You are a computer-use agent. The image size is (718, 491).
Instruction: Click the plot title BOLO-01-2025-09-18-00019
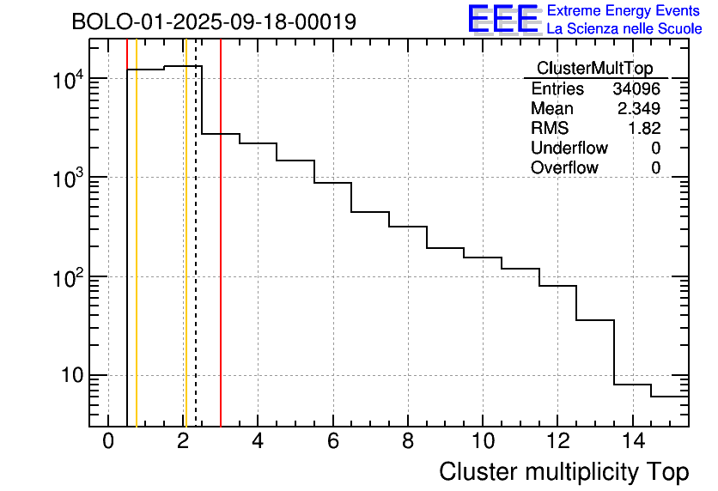click(214, 22)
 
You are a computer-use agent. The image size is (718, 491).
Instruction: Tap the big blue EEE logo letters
click(502, 20)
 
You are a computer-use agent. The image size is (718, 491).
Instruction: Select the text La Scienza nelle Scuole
click(624, 29)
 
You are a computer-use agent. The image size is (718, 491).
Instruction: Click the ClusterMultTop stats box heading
click(594, 69)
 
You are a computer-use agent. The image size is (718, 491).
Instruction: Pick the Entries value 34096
click(636, 89)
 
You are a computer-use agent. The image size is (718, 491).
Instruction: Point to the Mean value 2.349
click(638, 109)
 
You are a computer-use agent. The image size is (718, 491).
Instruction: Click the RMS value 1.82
click(645, 129)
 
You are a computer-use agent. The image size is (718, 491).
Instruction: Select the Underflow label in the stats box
click(569, 149)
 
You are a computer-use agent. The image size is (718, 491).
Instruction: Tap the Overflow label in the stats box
click(564, 168)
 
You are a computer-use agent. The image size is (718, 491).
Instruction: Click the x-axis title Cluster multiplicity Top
click(563, 471)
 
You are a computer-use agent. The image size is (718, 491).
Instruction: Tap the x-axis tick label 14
click(632, 441)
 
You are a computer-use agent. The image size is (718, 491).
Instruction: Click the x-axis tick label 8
click(408, 441)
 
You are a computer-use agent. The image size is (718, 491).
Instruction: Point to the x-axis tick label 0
click(108, 441)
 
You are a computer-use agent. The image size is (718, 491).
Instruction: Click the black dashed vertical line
click(196, 258)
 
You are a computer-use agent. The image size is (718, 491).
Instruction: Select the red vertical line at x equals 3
click(221, 258)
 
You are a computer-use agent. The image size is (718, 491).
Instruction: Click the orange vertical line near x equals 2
click(186, 258)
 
